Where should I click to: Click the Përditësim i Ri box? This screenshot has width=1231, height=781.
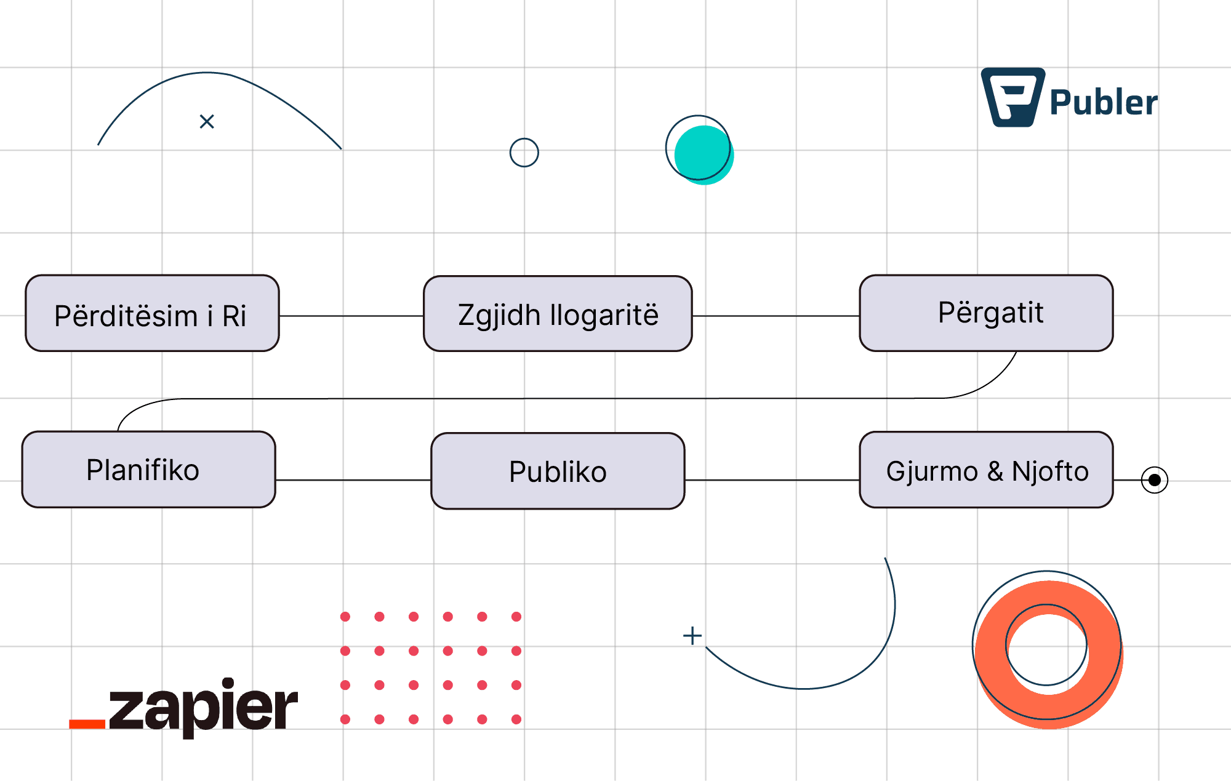[x=152, y=313]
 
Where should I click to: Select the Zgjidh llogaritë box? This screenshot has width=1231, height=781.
[x=558, y=314]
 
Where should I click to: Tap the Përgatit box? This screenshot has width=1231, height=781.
[x=986, y=313]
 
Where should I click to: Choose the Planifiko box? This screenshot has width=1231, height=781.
[x=148, y=470]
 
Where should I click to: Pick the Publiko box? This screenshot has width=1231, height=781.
[x=558, y=471]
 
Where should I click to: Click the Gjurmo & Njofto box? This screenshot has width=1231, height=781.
[x=986, y=470]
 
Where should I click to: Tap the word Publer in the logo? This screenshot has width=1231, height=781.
[x=1103, y=103]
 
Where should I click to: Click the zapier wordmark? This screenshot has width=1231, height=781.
[x=203, y=708]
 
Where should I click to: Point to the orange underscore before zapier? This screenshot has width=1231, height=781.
[x=87, y=724]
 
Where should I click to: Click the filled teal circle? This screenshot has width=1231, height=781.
[x=704, y=154]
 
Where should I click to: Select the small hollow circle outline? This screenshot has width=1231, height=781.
[x=524, y=153]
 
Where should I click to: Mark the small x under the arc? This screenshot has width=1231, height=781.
[x=207, y=122]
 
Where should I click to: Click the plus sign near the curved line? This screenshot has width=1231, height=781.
[x=692, y=636]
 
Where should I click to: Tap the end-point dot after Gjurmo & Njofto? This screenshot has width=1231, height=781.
[x=1154, y=480]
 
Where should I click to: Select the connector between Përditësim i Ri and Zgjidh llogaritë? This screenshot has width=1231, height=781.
[x=351, y=316]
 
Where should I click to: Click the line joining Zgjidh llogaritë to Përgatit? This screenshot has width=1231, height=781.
[x=776, y=316]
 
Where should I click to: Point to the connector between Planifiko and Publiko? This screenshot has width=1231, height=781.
[x=353, y=480]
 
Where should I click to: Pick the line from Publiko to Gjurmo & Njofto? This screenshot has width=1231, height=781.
[x=772, y=480]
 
